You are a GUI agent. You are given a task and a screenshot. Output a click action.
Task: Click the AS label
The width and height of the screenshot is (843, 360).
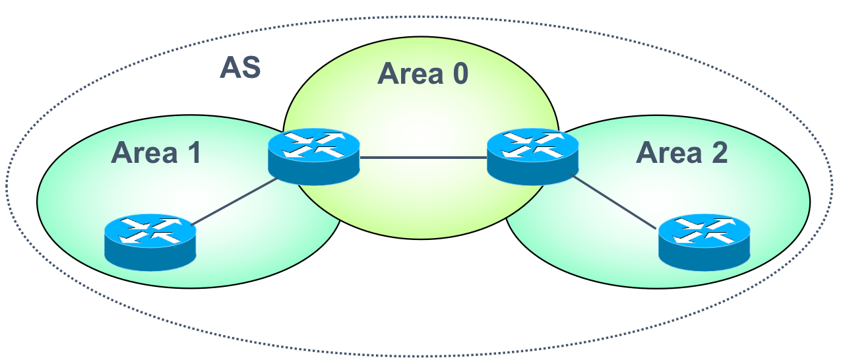point(240,68)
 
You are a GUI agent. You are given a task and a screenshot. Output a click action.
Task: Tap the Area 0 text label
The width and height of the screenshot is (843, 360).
point(423,73)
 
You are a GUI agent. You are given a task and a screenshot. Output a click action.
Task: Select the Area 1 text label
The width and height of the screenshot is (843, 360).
point(156,152)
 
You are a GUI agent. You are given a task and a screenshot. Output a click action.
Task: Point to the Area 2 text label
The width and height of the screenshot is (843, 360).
point(681,152)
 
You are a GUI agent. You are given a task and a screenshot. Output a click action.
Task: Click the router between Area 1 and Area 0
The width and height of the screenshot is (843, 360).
point(314,157)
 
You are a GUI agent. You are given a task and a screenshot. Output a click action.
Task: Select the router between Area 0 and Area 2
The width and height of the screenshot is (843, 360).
point(532,157)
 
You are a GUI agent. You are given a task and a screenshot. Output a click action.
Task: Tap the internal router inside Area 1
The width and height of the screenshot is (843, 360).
point(150,243)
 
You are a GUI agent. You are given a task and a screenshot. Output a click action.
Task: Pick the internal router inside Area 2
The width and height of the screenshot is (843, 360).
point(704,243)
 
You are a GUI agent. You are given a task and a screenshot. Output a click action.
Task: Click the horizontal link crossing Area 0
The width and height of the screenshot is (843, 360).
point(423,158)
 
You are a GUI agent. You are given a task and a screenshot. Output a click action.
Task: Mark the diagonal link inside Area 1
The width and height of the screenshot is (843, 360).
point(234,202)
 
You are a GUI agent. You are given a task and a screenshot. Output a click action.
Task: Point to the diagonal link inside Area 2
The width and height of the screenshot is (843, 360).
point(614,202)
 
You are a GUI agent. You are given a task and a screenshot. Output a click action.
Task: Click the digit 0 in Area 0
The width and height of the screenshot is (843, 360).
point(460,73)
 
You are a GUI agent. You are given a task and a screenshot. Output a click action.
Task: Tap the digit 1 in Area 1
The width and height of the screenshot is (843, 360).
point(195,152)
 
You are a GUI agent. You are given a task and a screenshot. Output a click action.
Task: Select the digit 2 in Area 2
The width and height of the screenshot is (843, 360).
point(720,152)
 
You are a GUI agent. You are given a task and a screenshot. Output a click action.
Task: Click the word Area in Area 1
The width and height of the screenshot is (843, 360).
point(144,152)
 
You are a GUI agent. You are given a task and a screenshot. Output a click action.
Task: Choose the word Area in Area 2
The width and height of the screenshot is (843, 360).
point(669,152)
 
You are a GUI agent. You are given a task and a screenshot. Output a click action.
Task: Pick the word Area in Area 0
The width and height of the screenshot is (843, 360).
point(410,73)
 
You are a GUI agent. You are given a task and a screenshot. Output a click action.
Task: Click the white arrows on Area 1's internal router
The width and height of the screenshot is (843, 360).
point(150,230)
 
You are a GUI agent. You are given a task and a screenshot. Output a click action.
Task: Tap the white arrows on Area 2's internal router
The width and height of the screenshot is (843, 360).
point(704,230)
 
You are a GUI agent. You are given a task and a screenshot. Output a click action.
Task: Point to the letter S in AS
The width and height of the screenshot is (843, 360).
point(251,68)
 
